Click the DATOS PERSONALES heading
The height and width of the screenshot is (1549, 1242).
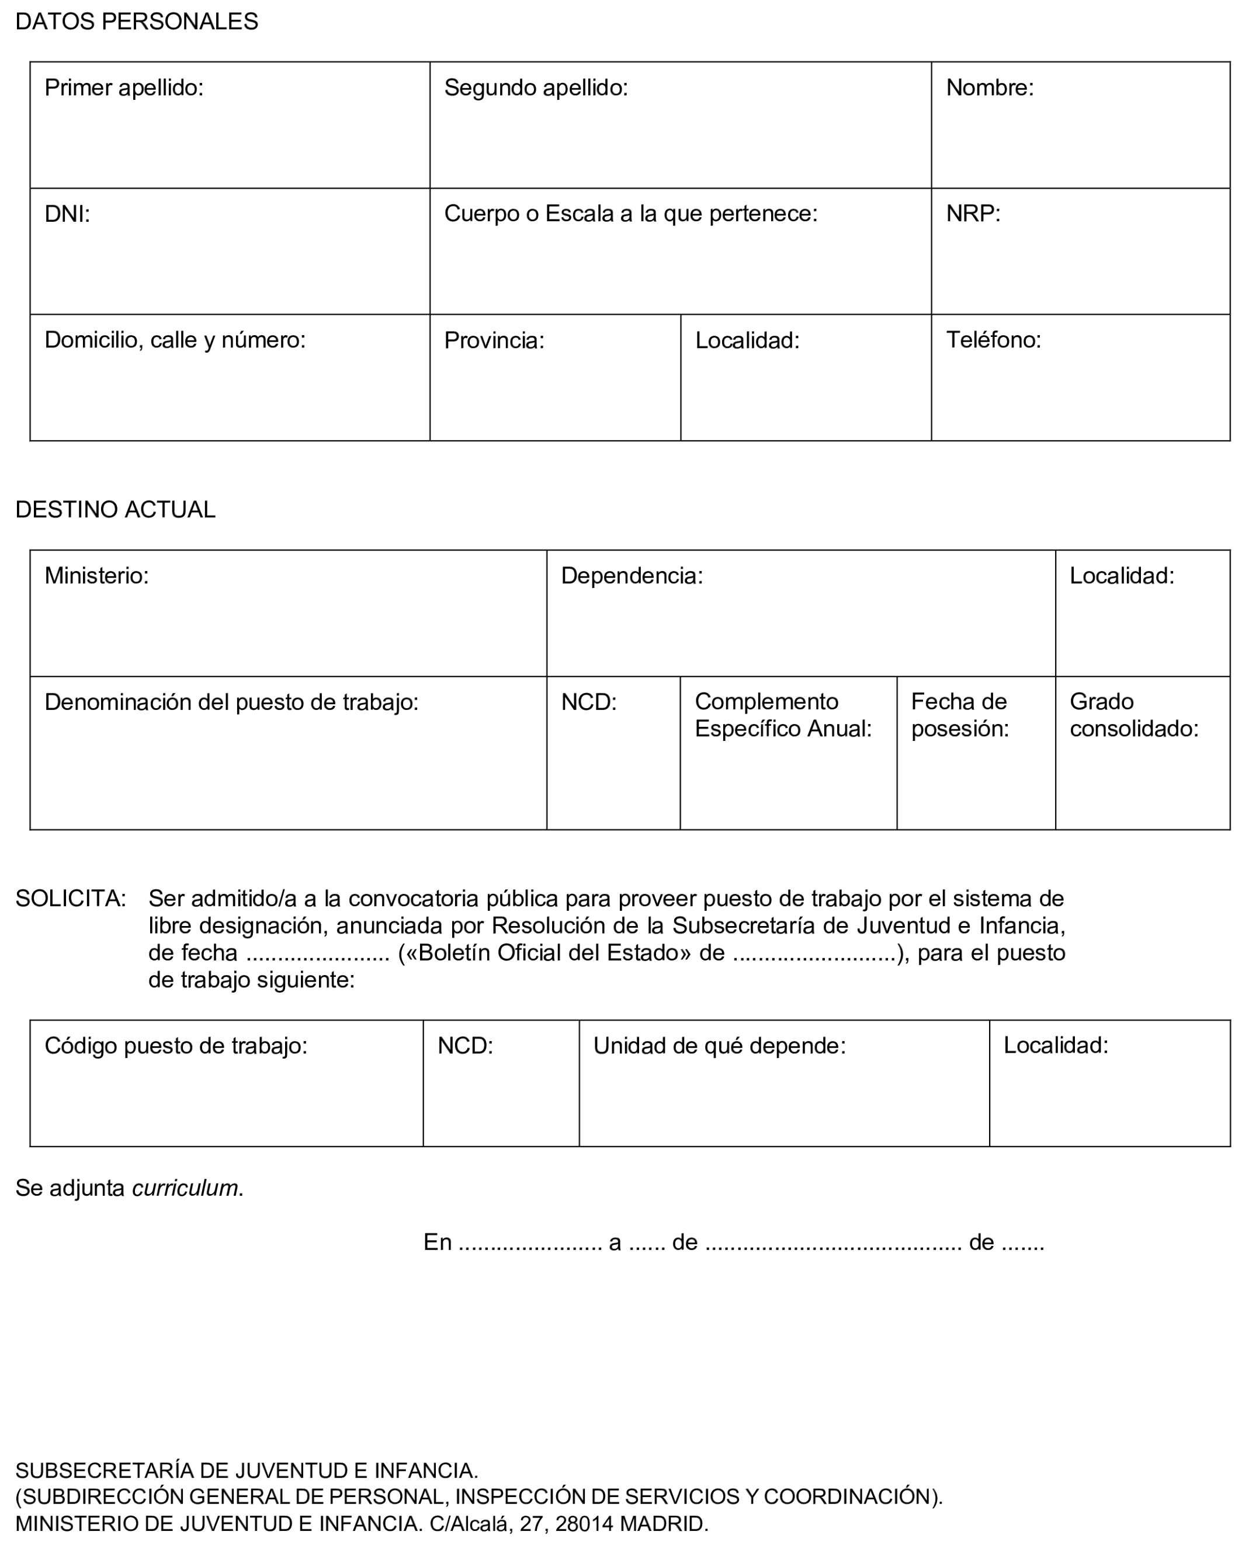[x=137, y=22]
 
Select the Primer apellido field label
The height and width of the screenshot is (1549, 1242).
[x=124, y=88]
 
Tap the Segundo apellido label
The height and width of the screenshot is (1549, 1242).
[x=536, y=88]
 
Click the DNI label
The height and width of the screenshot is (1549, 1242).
[x=67, y=213]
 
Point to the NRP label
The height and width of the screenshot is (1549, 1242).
[x=973, y=213]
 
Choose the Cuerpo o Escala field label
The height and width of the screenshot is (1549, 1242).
[x=630, y=213]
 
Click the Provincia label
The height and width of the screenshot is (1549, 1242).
[x=494, y=340]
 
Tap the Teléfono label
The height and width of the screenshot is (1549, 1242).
[x=993, y=340]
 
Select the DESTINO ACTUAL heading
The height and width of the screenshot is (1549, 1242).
[x=115, y=509]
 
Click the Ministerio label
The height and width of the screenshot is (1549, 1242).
[x=96, y=576]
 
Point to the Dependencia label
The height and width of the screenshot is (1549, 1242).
[x=631, y=576]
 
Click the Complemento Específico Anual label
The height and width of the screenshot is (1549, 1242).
[x=783, y=715]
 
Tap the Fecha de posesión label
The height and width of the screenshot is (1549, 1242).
[x=959, y=715]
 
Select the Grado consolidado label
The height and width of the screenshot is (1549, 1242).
[x=1133, y=715]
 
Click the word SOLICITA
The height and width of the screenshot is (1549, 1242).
[x=71, y=898]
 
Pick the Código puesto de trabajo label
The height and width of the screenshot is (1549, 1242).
[x=175, y=1045]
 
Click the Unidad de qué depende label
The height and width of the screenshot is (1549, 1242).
[x=719, y=1045]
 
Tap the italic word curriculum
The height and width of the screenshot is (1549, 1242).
[x=185, y=1188]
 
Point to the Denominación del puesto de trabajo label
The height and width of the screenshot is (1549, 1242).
[x=231, y=702]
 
